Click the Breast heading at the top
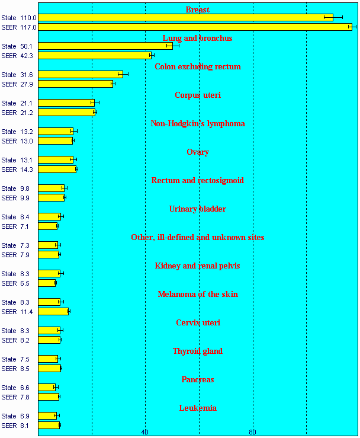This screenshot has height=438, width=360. click(x=197, y=9)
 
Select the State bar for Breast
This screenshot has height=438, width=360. click(x=185, y=18)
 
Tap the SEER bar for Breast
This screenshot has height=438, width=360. click(x=195, y=27)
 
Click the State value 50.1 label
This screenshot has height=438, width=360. click(x=17, y=46)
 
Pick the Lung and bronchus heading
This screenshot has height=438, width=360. click(x=197, y=38)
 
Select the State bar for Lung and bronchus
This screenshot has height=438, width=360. click(x=105, y=46)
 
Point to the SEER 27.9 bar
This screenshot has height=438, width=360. click(x=75, y=84)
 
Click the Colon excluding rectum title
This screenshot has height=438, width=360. click(x=197, y=66)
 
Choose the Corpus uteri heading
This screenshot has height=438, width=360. click(x=197, y=95)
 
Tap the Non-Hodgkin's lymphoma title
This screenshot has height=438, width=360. click(x=197, y=123)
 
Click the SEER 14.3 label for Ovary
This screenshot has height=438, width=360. click(x=17, y=170)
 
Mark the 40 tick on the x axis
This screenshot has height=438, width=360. click(x=145, y=432)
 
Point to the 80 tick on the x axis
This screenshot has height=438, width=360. click(x=252, y=432)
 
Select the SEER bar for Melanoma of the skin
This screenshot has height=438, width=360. click(x=53, y=312)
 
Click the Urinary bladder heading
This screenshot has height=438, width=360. click(x=197, y=209)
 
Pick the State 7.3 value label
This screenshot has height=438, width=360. click(x=17, y=245)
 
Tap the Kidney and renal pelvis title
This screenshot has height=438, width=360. click(x=197, y=266)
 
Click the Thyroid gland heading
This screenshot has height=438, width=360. click(x=197, y=351)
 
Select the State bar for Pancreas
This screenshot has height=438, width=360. click(x=47, y=388)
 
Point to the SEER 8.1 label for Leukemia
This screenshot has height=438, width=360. click(x=17, y=426)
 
